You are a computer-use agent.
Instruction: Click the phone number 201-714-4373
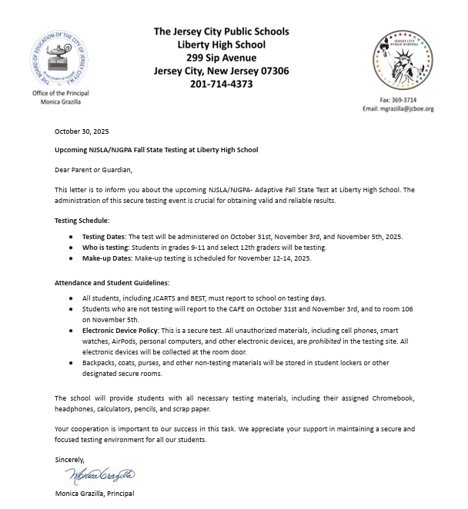[x=221, y=84]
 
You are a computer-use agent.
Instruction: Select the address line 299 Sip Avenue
[x=221, y=58]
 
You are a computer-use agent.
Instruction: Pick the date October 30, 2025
[x=82, y=131]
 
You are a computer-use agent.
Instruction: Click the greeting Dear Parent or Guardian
[x=93, y=170]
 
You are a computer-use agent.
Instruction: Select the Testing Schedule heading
[x=82, y=220]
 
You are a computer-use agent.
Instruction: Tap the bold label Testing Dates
[x=104, y=237]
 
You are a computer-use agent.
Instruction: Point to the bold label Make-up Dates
[x=107, y=258]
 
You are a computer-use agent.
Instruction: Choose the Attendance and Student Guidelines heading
[x=112, y=283]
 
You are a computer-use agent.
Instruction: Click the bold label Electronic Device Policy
[x=120, y=330]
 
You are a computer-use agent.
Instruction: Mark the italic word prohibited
[x=325, y=341]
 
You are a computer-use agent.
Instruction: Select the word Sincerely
[x=69, y=460]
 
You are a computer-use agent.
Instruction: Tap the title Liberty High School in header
[x=221, y=45]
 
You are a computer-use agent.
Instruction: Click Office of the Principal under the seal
[x=60, y=93]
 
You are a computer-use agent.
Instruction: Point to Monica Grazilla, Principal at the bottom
[x=94, y=493]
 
